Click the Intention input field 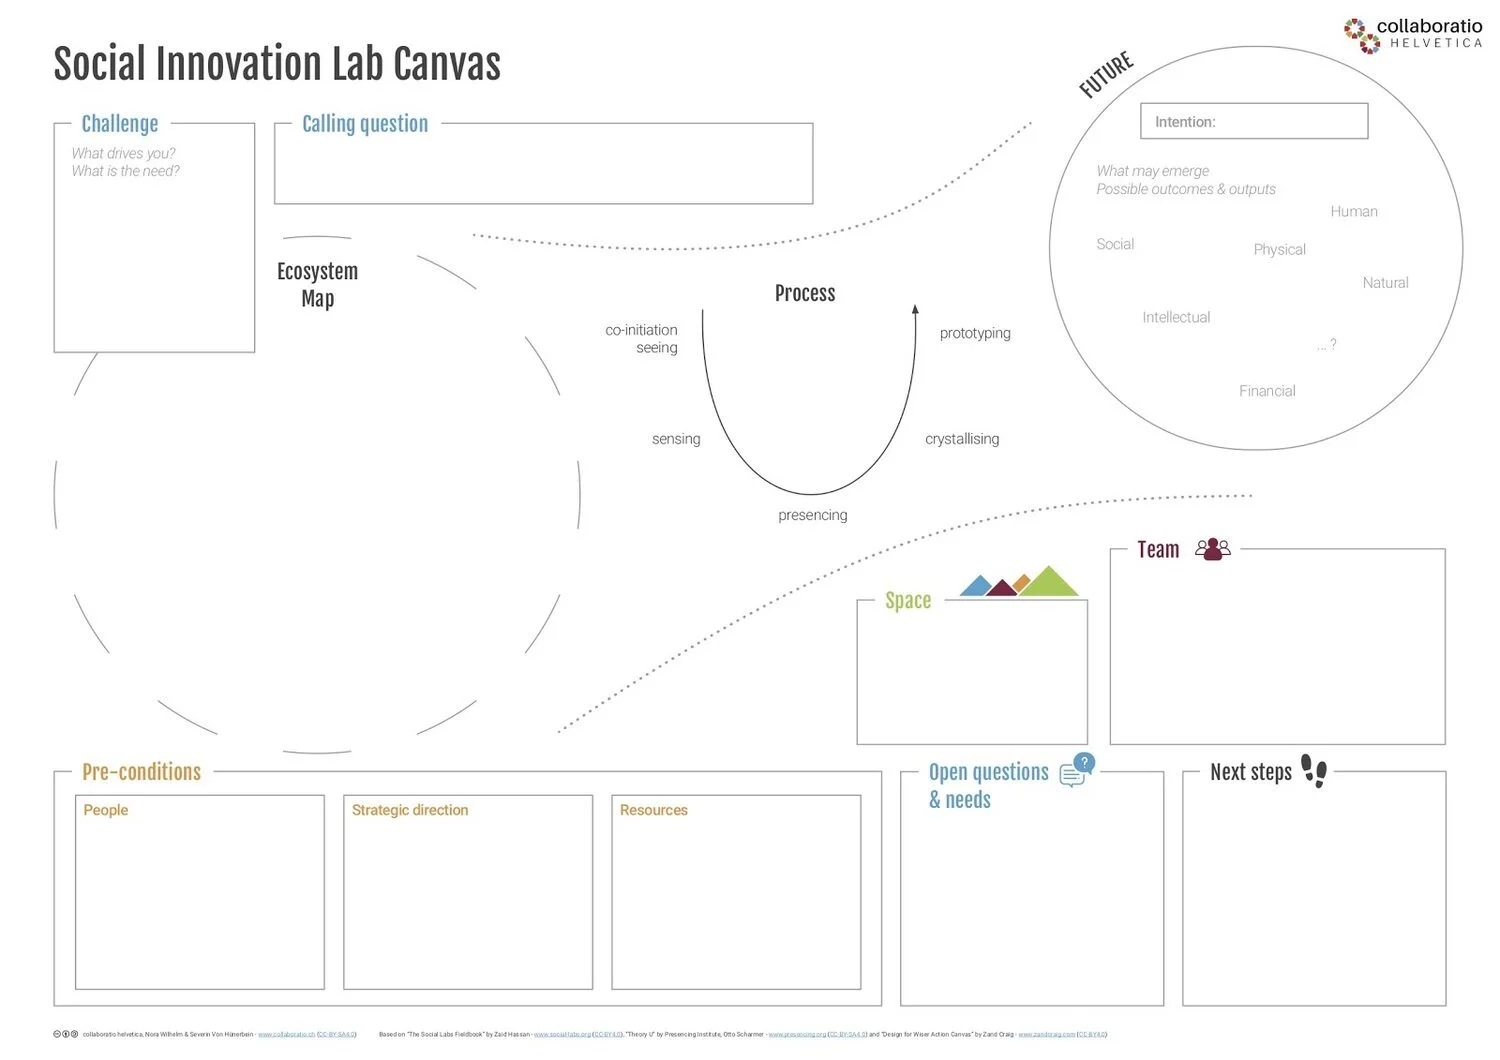[x=1253, y=121]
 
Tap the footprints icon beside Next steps [x=1314, y=771]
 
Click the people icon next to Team [x=1213, y=549]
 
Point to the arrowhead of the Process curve [x=915, y=310]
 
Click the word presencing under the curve [x=812, y=515]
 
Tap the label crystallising [x=962, y=439]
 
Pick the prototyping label [x=975, y=333]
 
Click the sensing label [x=676, y=439]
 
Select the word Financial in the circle [x=1267, y=391]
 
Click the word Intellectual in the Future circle [x=1176, y=317]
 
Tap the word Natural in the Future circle [x=1385, y=283]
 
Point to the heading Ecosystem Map [x=317, y=285]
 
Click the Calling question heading [x=365, y=124]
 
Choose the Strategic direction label [x=410, y=810]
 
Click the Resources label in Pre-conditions [x=653, y=810]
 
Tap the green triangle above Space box [x=1047, y=583]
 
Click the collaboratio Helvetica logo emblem [x=1361, y=35]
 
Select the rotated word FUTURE [x=1106, y=75]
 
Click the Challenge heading [x=120, y=124]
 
